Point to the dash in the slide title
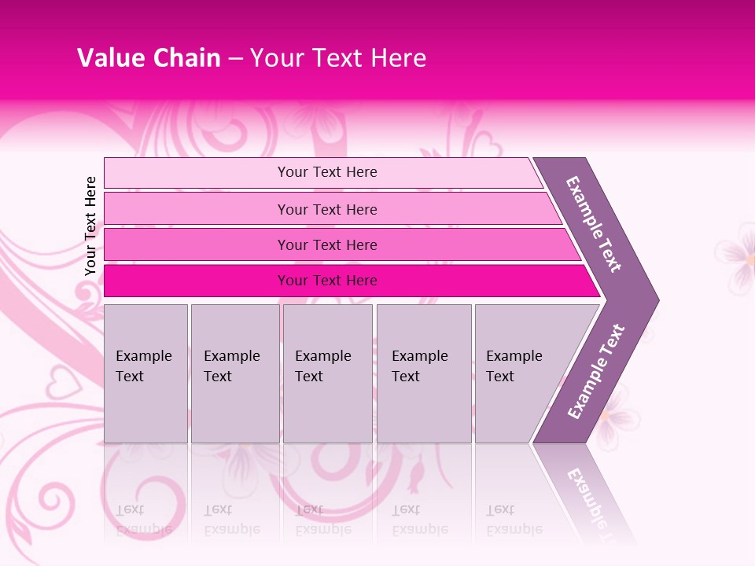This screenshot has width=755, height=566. [234, 59]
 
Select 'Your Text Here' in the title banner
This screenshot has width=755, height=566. [338, 58]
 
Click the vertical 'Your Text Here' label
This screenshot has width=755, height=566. [90, 226]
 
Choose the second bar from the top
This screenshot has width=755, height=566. [326, 209]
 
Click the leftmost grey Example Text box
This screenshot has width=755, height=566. [145, 373]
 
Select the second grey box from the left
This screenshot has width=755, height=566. [235, 373]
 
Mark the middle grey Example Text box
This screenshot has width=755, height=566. [327, 373]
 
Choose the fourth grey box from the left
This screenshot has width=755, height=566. [424, 373]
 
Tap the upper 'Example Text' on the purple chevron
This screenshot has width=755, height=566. [595, 223]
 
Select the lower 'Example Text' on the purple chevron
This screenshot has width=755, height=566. [596, 371]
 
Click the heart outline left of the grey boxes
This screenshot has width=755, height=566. [61, 385]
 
